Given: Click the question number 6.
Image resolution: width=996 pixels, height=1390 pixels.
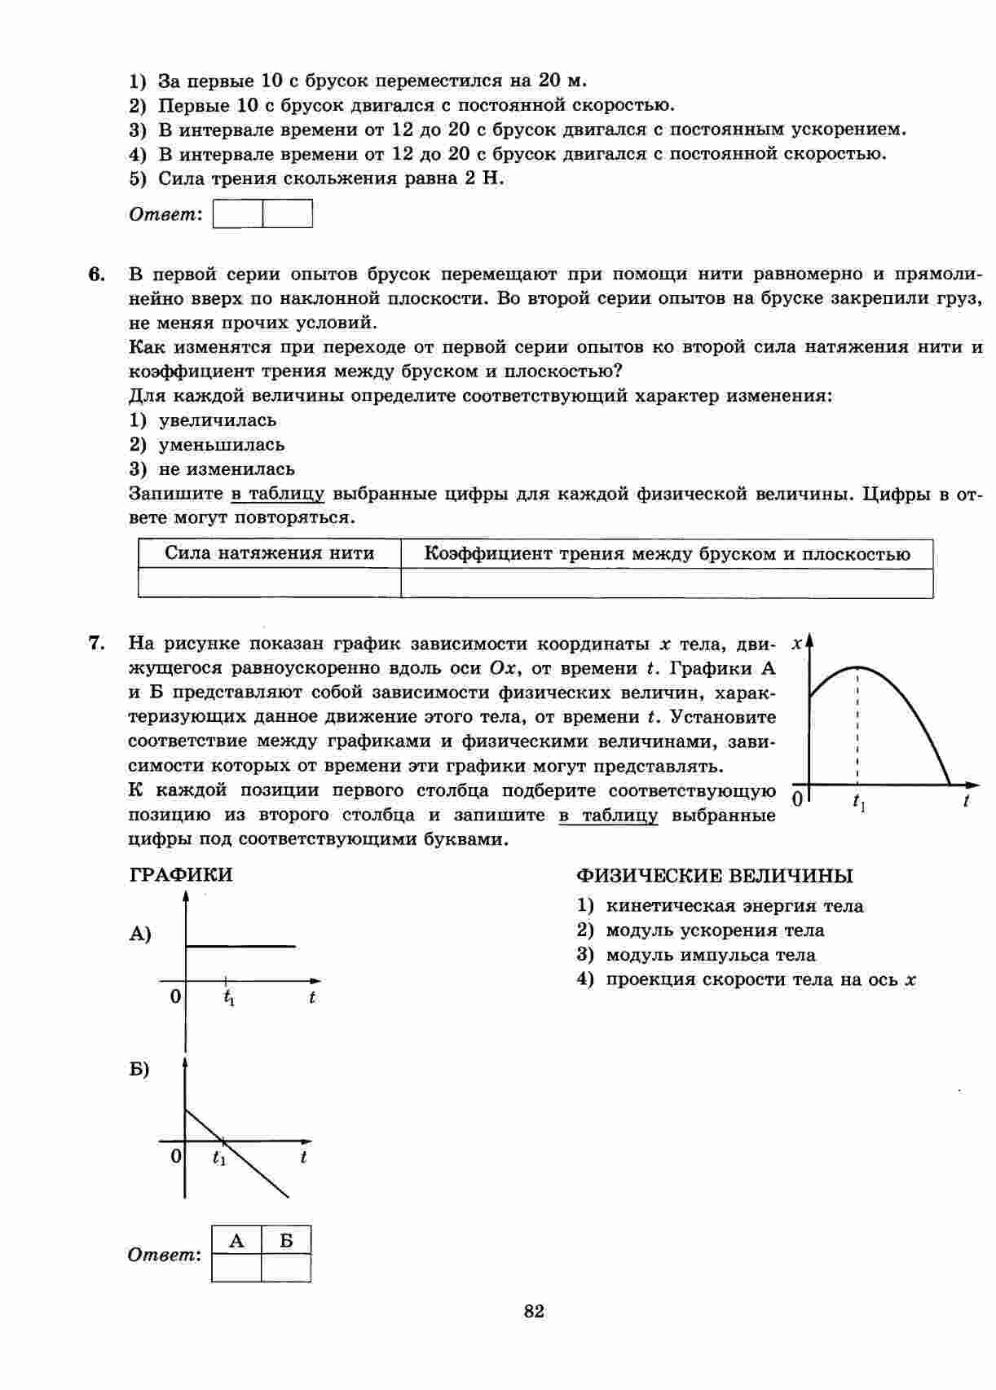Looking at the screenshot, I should pyautogui.click(x=97, y=274).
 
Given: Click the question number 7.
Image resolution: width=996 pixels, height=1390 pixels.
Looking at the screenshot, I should pyautogui.click(x=97, y=644).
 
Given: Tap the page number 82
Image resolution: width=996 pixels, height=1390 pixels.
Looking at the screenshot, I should pyautogui.click(x=534, y=1311).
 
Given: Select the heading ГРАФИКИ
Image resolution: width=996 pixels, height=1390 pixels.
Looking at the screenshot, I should pyautogui.click(x=181, y=875).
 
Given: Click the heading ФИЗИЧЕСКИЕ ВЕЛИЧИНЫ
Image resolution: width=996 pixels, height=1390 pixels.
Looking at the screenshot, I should pyautogui.click(x=714, y=876).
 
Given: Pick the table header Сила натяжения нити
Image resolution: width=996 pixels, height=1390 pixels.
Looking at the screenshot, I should pyautogui.click(x=269, y=554).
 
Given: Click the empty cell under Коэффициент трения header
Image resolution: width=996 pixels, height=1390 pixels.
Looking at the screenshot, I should pyautogui.click(x=667, y=583).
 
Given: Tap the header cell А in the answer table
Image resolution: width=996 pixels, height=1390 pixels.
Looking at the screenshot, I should pyautogui.click(x=236, y=1241).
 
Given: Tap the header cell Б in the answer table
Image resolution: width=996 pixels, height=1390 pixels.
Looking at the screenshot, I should pyautogui.click(x=286, y=1241).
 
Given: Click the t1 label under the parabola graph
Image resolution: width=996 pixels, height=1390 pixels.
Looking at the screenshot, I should pyautogui.click(x=859, y=803).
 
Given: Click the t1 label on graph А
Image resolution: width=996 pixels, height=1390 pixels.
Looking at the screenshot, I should pyautogui.click(x=229, y=997).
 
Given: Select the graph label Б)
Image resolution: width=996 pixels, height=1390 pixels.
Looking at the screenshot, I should pyautogui.click(x=139, y=1069).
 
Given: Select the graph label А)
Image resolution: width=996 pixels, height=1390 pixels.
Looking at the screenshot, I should pyautogui.click(x=140, y=935).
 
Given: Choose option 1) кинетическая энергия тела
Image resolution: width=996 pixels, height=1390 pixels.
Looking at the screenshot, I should pyautogui.click(x=721, y=906).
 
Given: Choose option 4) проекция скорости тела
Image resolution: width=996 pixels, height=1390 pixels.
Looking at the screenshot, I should pyautogui.click(x=747, y=979).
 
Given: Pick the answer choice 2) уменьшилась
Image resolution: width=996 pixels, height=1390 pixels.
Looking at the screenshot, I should pyautogui.click(x=207, y=445).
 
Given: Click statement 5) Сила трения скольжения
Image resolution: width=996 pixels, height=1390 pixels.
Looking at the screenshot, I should pyautogui.click(x=317, y=178).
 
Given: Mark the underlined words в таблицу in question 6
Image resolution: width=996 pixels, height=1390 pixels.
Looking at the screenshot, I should pyautogui.click(x=278, y=494).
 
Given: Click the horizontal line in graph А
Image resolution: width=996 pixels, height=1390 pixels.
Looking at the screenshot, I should pyautogui.click(x=241, y=946).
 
